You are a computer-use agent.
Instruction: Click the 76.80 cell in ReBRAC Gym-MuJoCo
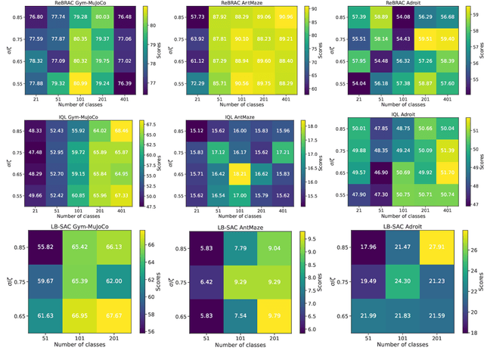[36, 16]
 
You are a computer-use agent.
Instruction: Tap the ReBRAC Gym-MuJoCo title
[81, 4]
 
